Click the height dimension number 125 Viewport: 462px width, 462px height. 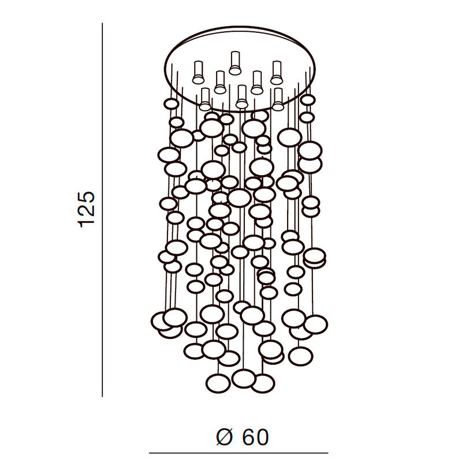tap(86, 210)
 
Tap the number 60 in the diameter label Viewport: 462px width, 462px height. tap(255, 437)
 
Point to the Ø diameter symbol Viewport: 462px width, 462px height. tap(225, 437)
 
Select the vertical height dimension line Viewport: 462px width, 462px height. tap(102, 210)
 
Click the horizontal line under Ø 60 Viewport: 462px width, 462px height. tap(239, 453)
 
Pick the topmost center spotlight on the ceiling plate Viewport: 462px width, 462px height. tap(235, 63)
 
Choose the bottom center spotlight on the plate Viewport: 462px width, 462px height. tap(242, 96)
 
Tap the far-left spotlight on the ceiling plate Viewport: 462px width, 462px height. tap(198, 73)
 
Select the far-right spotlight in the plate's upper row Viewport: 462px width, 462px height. tap(277, 73)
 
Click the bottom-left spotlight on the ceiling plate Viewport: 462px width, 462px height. tap(205, 99)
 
